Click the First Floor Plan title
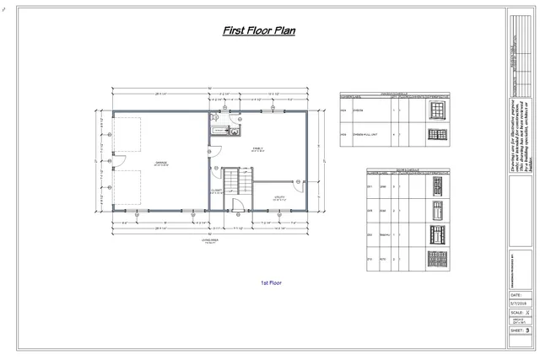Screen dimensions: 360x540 tap(258, 31)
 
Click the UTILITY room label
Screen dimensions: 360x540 tap(279, 198)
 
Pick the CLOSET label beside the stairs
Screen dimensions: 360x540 tap(217, 191)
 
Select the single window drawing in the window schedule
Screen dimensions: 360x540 tap(435, 110)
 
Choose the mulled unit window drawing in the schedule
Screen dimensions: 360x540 tap(436, 134)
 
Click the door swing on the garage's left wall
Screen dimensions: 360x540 tap(118, 160)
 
